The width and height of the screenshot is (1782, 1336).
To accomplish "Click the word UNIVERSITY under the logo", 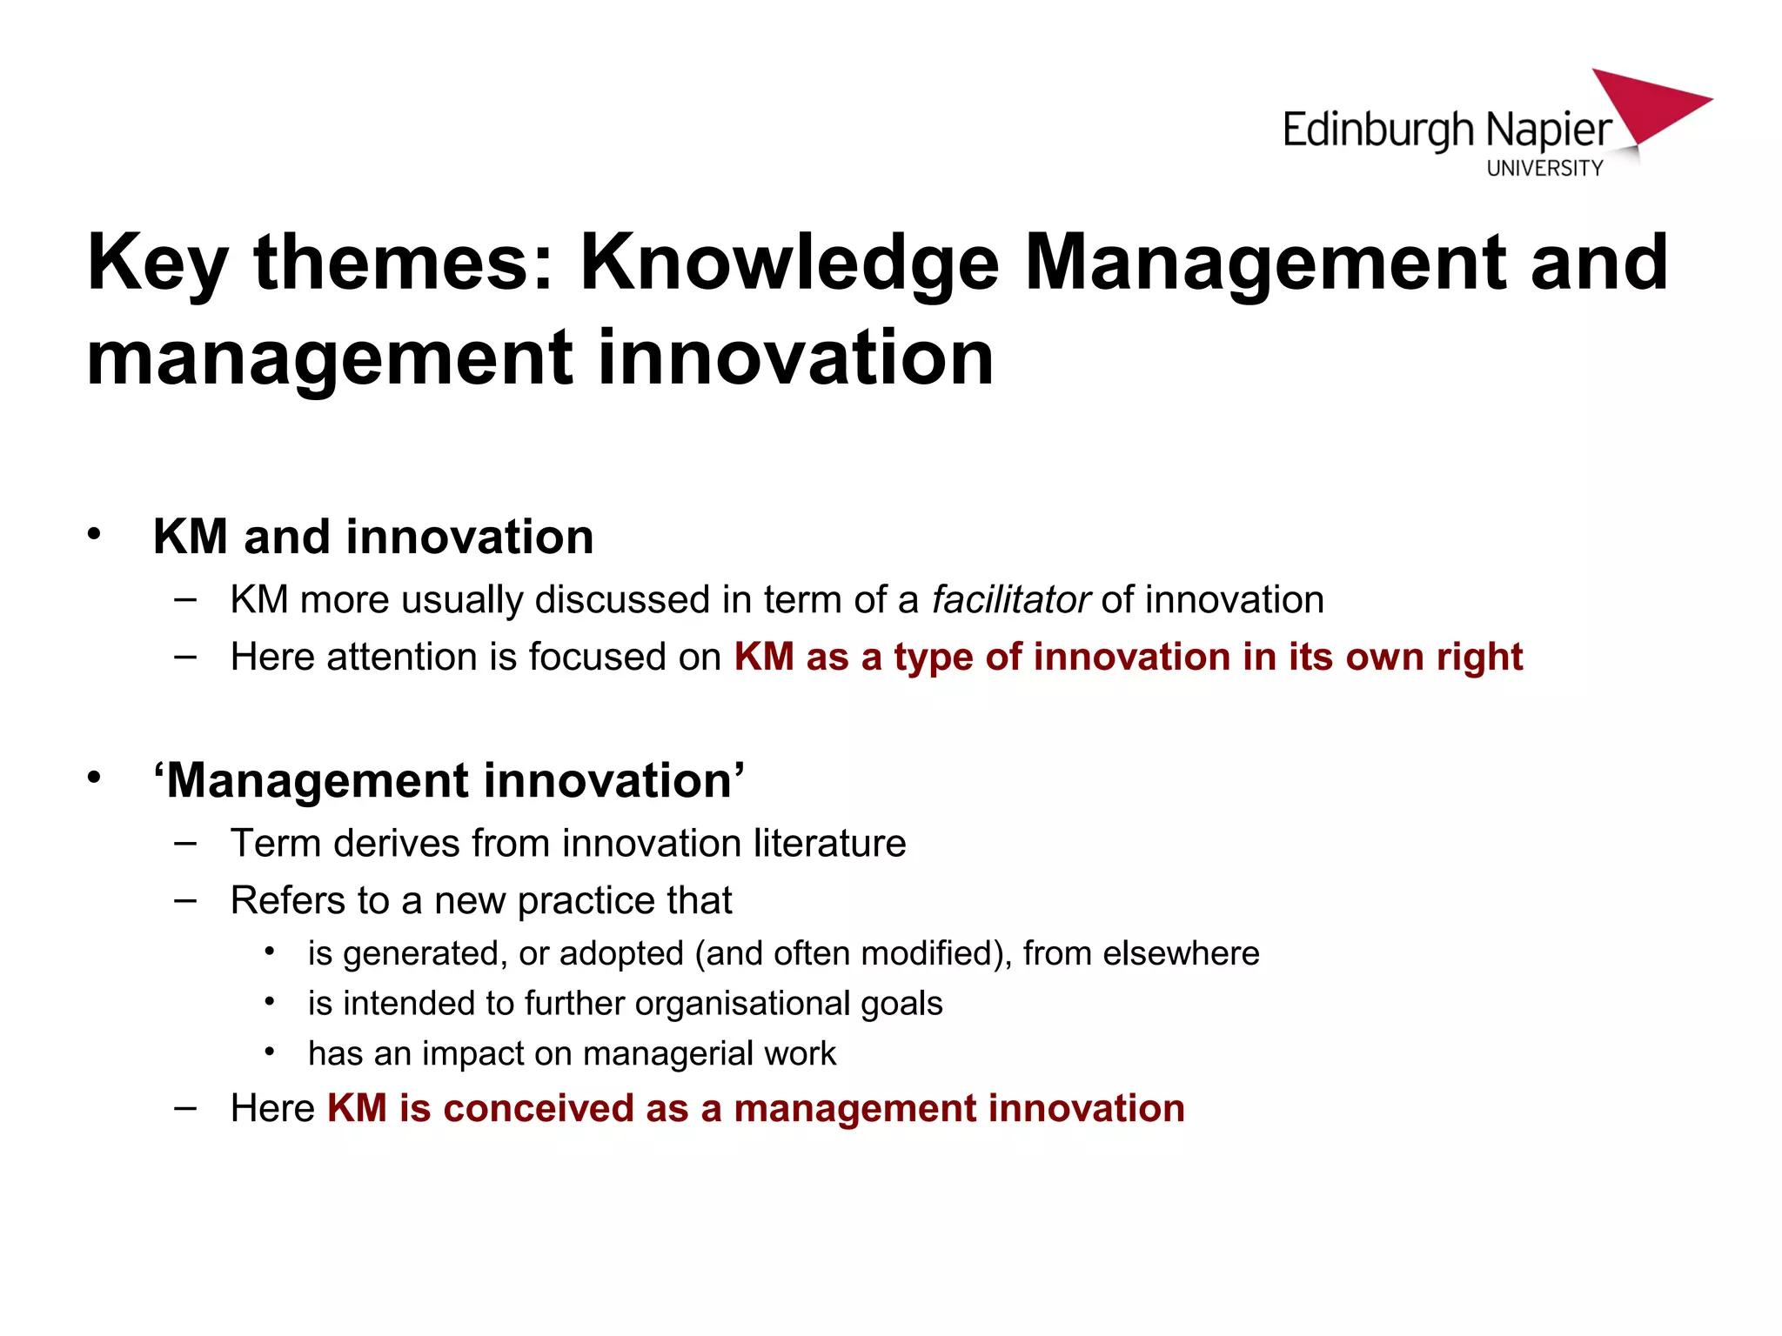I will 1544,168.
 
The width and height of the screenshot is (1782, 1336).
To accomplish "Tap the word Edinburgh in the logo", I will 1378,131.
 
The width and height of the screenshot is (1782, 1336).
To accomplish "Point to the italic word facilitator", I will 1010,600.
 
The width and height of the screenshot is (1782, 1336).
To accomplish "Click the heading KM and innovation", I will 373,537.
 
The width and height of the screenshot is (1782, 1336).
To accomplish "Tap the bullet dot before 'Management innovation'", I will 94,777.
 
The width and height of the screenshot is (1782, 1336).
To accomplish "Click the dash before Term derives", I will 184,843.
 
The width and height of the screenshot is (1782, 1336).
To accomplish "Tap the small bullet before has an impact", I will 270,1052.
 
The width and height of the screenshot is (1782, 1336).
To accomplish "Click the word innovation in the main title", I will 795,357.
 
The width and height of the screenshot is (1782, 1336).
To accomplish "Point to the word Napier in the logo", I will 1549,131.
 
